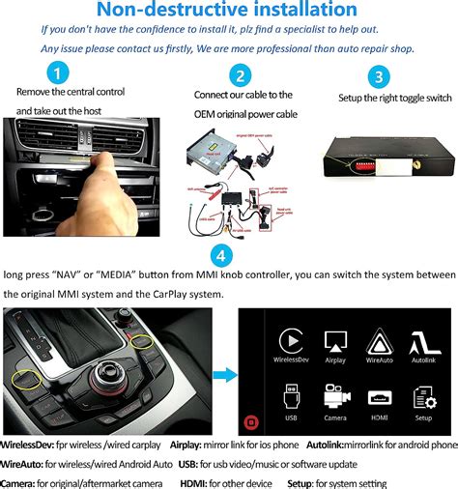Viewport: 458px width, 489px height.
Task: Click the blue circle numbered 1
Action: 60,73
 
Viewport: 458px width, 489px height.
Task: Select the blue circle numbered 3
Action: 381,77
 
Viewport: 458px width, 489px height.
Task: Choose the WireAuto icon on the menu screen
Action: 378,341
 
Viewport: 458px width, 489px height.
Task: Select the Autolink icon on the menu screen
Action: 422,341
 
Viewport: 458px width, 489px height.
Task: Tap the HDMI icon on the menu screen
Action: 378,396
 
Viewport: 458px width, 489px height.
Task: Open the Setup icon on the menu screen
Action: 422,396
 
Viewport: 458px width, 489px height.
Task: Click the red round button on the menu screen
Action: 250,421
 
